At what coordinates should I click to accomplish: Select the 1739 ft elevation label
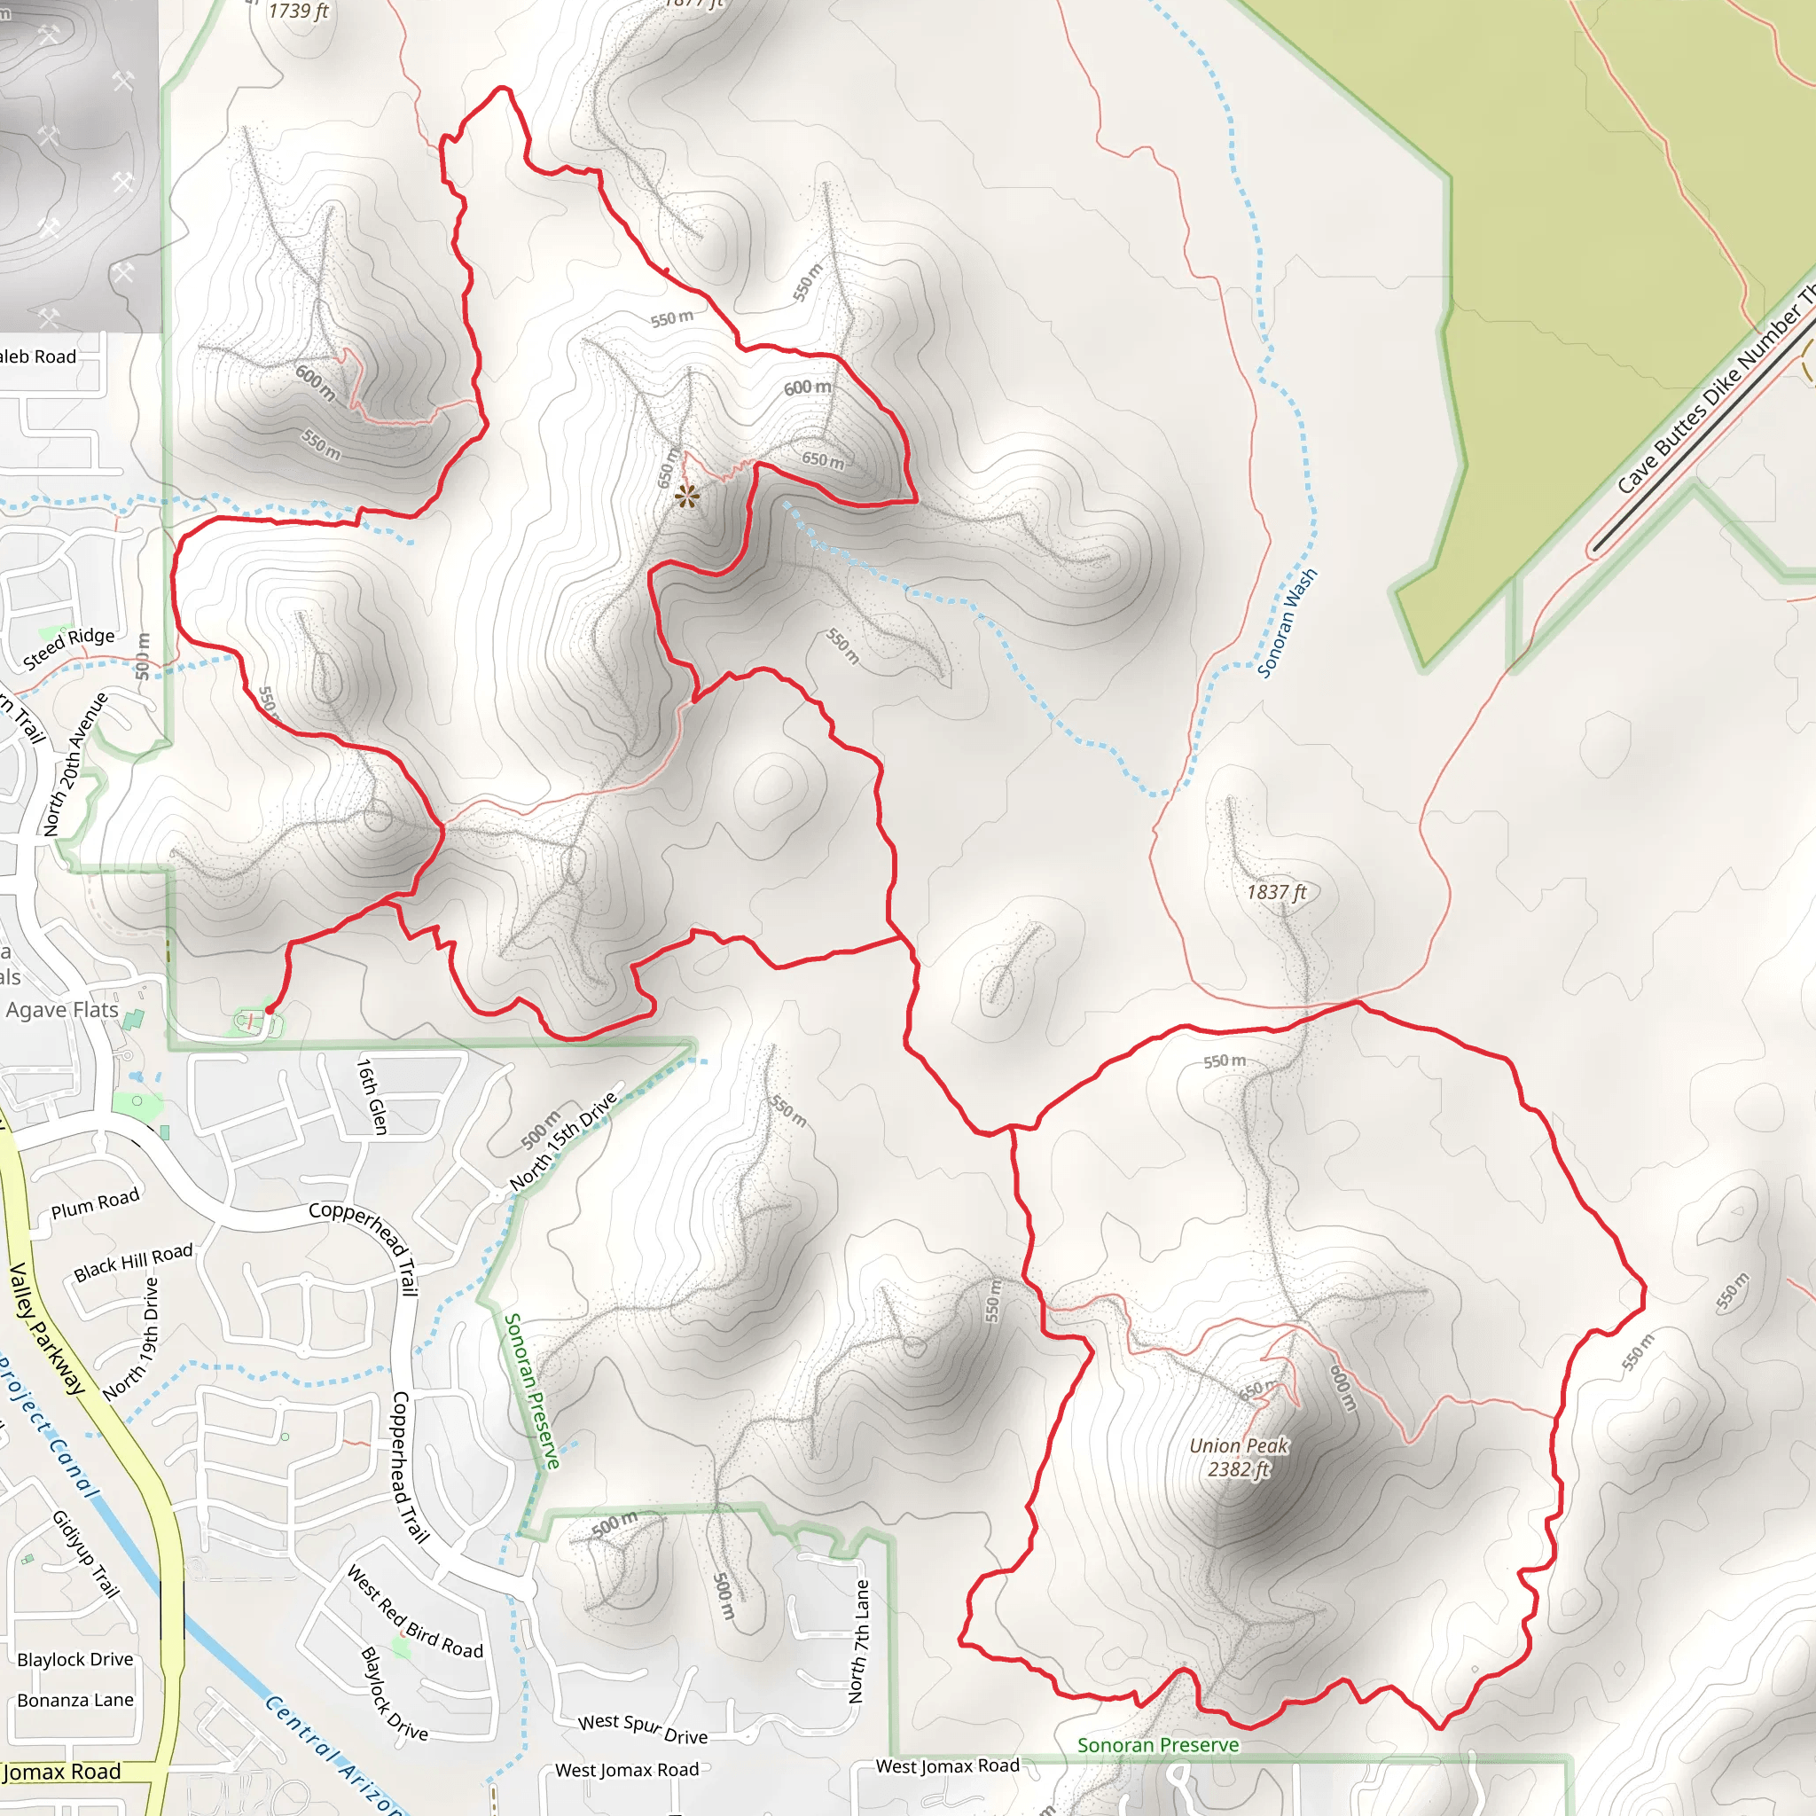pyautogui.click(x=298, y=12)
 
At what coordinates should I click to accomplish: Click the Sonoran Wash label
pyautogui.click(x=1287, y=622)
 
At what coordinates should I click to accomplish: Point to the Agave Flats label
pyautogui.click(x=62, y=1009)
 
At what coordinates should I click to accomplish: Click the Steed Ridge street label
pyautogui.click(x=68, y=647)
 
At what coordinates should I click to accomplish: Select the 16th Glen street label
pyautogui.click(x=372, y=1096)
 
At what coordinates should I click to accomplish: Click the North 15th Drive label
pyautogui.click(x=563, y=1141)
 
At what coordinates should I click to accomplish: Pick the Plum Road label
pyautogui.click(x=95, y=1203)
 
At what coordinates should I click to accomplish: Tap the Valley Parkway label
pyautogui.click(x=46, y=1329)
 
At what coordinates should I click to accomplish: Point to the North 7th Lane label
pyautogui.click(x=858, y=1640)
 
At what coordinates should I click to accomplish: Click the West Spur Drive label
pyautogui.click(x=643, y=1727)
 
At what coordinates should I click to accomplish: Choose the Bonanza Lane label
pyautogui.click(x=75, y=1700)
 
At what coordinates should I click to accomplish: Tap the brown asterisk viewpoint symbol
pyautogui.click(x=687, y=497)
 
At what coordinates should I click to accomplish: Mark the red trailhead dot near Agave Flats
pyautogui.click(x=269, y=1009)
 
